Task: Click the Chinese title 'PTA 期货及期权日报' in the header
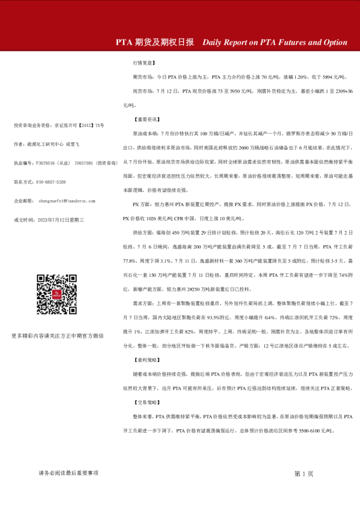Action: click(x=155, y=43)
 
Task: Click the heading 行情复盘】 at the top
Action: click(x=145, y=62)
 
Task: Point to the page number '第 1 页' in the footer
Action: click(x=304, y=473)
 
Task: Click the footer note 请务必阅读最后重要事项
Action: click(x=68, y=473)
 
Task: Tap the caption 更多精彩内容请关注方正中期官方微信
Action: click(x=57, y=335)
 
